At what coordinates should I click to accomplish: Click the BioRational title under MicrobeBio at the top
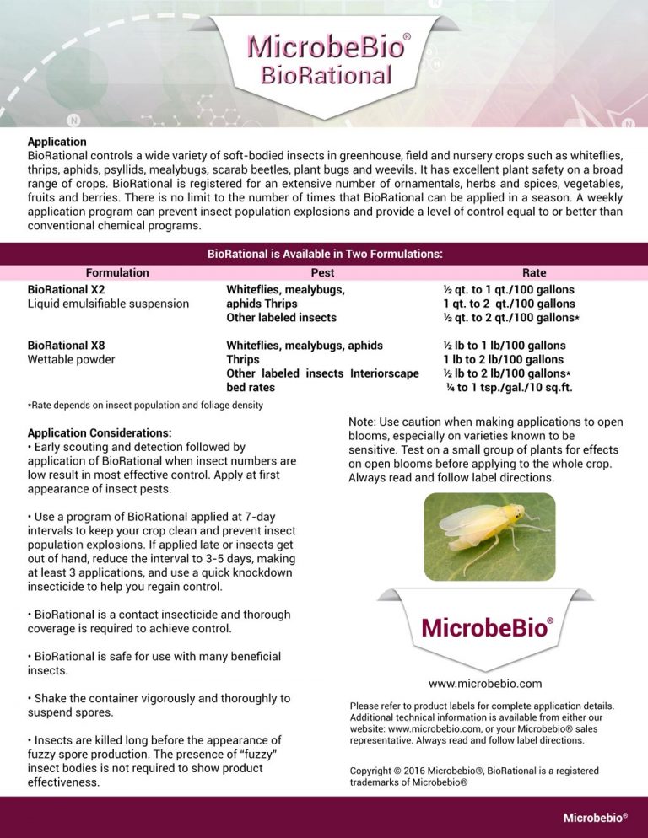click(326, 75)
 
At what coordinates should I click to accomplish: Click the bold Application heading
click(57, 142)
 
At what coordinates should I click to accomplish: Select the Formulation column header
click(117, 272)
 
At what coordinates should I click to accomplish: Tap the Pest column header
click(322, 272)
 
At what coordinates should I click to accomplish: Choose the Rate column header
click(533, 272)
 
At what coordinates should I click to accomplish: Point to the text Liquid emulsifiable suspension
click(108, 304)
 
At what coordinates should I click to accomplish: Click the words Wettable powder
click(71, 359)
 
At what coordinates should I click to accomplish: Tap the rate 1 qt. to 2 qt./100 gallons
click(509, 304)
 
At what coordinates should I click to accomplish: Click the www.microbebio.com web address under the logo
click(485, 683)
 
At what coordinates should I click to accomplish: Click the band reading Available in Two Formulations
click(325, 253)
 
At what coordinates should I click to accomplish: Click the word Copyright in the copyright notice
click(373, 771)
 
